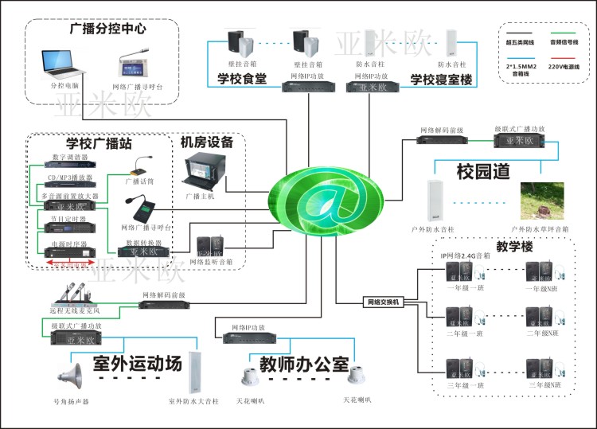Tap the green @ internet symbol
point(326,193)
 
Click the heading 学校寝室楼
point(441,80)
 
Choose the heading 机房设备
point(207,142)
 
